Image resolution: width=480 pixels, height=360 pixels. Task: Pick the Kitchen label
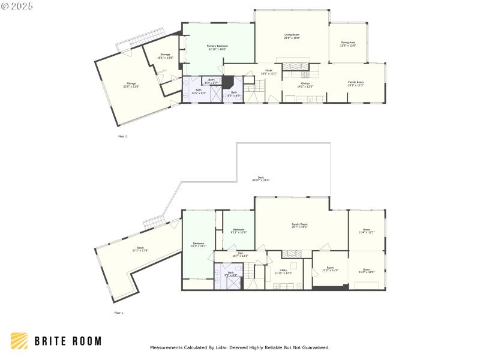point(305,85)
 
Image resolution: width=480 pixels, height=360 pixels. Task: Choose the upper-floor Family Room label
point(356,83)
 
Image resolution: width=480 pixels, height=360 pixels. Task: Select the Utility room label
point(283,271)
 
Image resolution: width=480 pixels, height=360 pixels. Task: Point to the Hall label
point(240,254)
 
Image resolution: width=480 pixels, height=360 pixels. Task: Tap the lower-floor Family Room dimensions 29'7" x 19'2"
point(299,227)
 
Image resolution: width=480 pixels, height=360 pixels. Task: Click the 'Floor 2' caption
point(122,136)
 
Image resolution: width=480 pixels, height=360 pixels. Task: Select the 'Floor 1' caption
point(118,313)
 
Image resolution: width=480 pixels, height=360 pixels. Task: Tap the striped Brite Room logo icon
point(19,341)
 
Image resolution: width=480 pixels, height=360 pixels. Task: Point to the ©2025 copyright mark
point(17,5)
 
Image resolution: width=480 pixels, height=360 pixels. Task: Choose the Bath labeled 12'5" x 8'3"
point(199,92)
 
